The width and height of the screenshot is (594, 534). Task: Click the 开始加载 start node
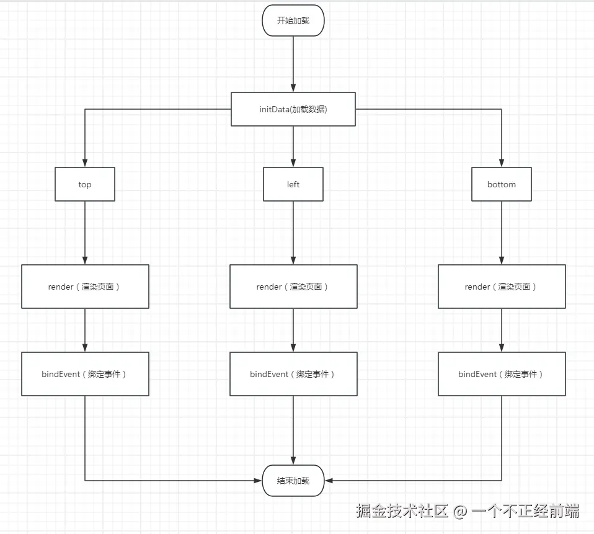coord(293,20)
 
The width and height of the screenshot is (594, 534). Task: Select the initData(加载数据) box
coord(293,109)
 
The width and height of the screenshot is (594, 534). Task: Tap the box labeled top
coord(85,184)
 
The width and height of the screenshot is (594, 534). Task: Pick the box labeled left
coord(293,184)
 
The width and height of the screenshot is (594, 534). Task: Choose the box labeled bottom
coord(501,184)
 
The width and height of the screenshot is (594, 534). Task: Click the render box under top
coord(85,287)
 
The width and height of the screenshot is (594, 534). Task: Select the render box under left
coord(293,287)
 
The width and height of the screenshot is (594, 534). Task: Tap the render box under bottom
coord(501,287)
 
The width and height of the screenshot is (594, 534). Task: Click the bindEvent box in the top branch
coord(85,374)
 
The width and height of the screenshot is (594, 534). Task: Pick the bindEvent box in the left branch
coord(293,374)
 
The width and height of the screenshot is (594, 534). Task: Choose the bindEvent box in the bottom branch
coord(501,374)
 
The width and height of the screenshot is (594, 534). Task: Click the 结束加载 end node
coord(293,481)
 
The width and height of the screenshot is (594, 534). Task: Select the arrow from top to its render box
coord(85,233)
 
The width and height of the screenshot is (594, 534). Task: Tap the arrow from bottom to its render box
coord(501,233)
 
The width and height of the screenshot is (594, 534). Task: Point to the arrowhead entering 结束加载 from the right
coord(329,481)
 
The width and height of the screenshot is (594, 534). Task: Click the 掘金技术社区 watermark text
coord(402,511)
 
